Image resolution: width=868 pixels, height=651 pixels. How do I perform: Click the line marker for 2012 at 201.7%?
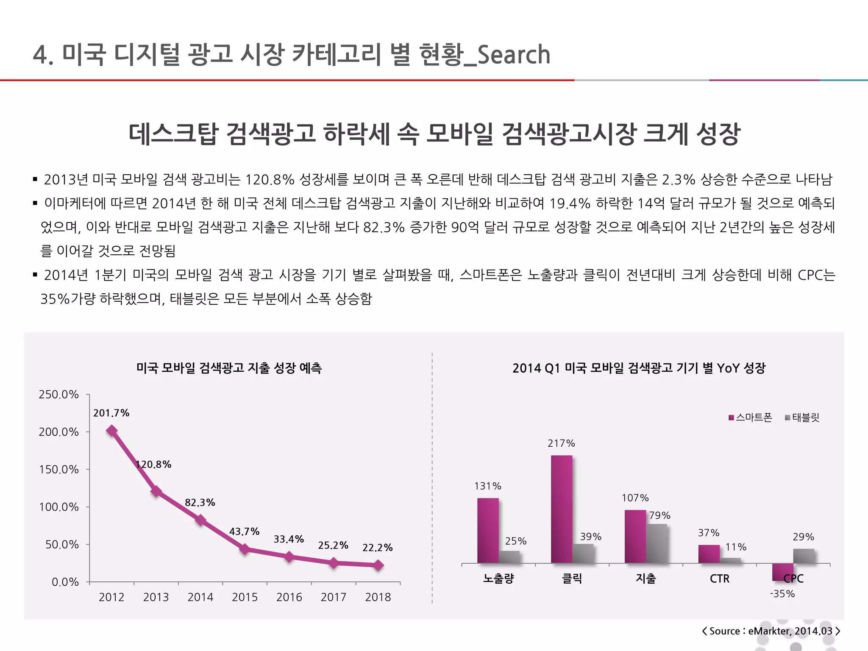coord(111,431)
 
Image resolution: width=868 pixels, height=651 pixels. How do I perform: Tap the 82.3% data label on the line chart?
coord(200,503)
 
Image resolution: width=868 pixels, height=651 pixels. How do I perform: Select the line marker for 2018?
coord(378,565)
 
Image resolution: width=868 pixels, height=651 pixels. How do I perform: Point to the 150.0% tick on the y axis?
coord(59,470)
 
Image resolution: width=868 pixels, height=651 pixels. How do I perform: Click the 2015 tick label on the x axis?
coord(245,597)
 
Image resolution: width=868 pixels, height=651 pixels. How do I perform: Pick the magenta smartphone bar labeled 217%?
coord(562,509)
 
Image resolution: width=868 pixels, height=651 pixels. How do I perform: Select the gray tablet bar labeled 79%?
coord(657,543)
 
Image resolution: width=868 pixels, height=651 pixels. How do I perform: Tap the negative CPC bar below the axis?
coord(782,572)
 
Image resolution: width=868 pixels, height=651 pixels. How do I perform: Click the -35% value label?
coord(782,594)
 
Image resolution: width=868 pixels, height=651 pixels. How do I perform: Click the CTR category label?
coord(720,579)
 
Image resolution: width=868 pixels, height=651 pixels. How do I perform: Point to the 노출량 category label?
coord(498,579)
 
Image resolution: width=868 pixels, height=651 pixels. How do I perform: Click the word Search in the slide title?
coord(514,55)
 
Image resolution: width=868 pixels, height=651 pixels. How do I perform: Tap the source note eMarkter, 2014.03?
coord(790,631)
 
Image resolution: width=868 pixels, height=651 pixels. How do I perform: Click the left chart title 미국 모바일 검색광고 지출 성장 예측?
coord(229,368)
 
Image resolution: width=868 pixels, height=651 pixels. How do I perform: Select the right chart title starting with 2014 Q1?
coord(639,368)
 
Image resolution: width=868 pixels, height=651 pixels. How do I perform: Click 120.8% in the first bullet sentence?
coord(270,180)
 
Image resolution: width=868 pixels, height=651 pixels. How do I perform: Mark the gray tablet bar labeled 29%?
coord(804,556)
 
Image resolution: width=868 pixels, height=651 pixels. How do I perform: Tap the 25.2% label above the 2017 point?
coord(333,545)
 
